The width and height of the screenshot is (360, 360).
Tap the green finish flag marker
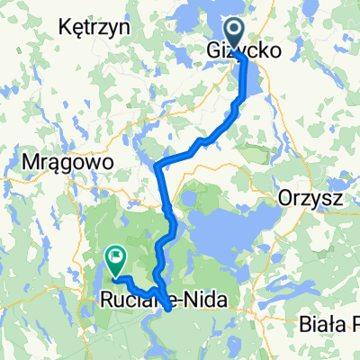pyautogui.click(x=115, y=259)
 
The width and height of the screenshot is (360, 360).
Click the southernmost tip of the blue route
pyautogui.click(x=169, y=310)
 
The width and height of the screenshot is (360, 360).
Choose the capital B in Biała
pyautogui.click(x=306, y=325)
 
